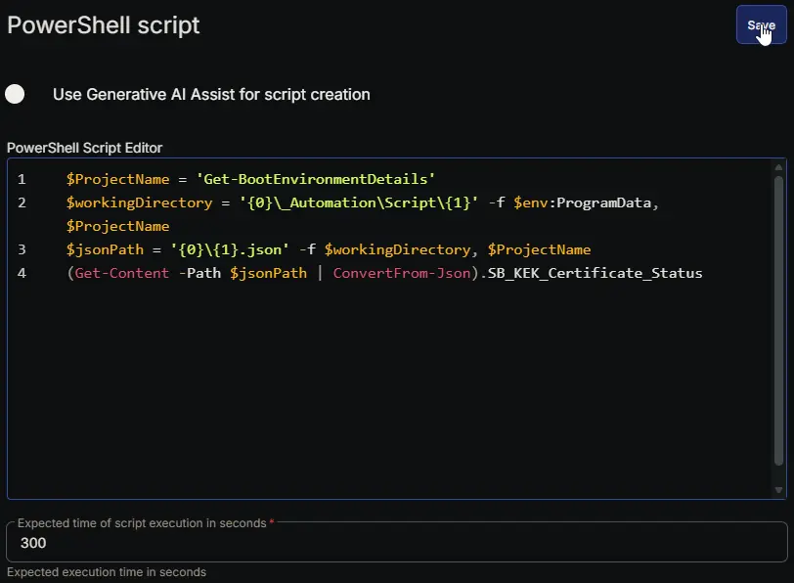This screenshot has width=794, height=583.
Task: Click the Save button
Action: [761, 24]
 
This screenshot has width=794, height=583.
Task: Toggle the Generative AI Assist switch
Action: [15, 94]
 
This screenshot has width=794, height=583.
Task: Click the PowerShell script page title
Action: [104, 25]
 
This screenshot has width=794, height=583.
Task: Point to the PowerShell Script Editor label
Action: [84, 148]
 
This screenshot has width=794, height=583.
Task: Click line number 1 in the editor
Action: [22, 179]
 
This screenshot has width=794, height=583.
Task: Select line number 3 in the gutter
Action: [22, 249]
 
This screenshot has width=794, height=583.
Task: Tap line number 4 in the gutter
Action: [22, 273]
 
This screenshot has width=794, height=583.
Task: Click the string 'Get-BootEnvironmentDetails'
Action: [316, 179]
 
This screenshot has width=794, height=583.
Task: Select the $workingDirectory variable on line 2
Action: [139, 202]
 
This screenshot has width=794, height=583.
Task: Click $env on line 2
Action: [530, 202]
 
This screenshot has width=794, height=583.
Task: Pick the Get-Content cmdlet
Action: [121, 273]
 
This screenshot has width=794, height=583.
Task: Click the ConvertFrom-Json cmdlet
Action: [402, 273]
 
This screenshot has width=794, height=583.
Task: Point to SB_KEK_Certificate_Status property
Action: [595, 273]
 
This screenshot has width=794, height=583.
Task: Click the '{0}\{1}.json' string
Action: [230, 249]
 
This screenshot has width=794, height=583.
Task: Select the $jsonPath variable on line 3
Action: [105, 249]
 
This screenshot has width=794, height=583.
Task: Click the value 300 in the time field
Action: [33, 543]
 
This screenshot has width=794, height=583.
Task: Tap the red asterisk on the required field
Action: [272, 521]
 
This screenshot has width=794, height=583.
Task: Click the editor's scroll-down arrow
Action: [778, 490]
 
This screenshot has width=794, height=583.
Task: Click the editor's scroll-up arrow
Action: [778, 167]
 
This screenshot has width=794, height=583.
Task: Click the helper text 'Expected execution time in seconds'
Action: [107, 572]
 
